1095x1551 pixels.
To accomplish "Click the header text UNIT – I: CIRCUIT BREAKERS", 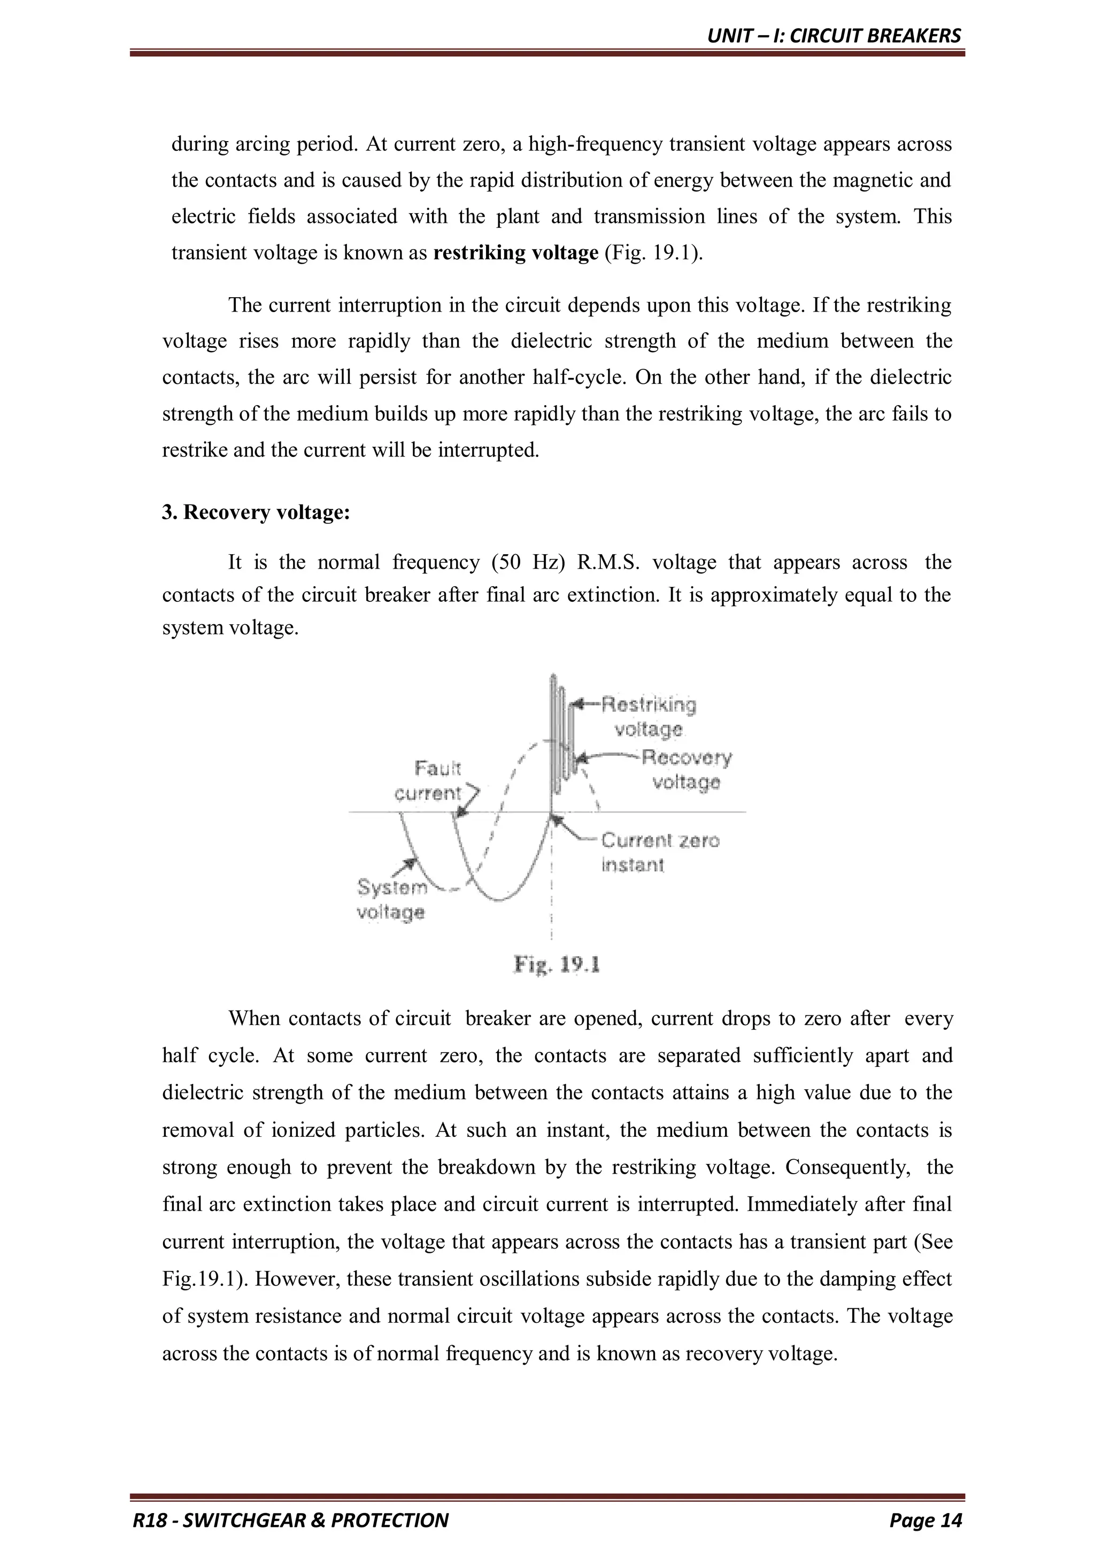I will coord(834,36).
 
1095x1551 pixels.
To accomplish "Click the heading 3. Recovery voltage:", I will coord(256,513).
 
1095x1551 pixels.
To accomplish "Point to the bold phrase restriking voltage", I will coord(516,253).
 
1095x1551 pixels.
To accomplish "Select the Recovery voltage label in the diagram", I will coord(685,770).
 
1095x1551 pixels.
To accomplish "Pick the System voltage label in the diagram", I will coord(391,899).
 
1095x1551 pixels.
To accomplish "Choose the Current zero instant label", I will coord(659,852).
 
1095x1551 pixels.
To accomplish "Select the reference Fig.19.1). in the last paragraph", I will coord(204,1279).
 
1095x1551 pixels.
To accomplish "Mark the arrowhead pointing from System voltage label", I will coord(410,863).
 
